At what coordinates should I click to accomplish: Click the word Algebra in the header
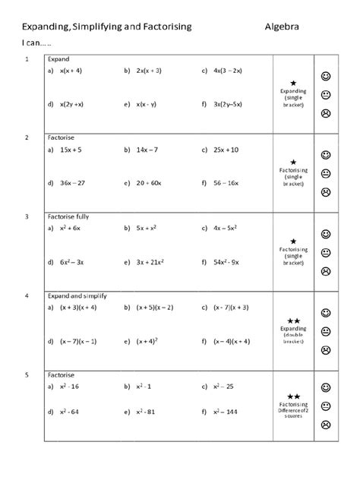282,27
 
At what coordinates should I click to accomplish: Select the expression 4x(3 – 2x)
226,71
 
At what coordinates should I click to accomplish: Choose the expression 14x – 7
147,150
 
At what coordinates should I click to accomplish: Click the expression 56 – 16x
226,183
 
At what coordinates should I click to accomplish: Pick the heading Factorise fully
68,216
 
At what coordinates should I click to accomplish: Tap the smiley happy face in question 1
325,77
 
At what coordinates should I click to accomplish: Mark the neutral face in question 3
325,253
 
